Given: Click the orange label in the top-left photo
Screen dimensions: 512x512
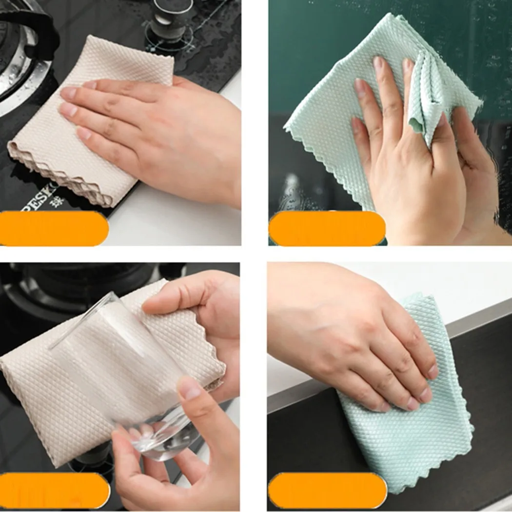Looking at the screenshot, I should point(54,228).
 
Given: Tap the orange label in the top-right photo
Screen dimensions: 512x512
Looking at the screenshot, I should point(327,228).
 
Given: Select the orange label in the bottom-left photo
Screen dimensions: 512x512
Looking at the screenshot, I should point(54,490).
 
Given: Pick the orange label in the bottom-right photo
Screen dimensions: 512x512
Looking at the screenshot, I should point(327,490).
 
